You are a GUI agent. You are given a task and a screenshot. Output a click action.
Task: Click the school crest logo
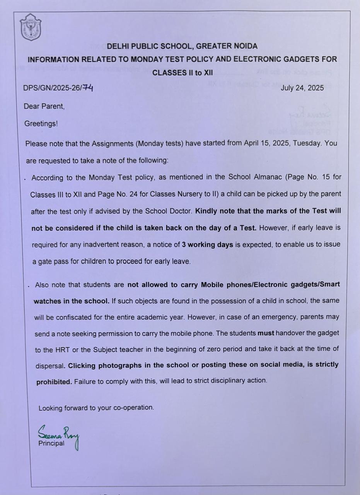click(x=30, y=27)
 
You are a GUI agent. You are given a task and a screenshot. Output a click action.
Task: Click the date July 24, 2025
click(x=302, y=88)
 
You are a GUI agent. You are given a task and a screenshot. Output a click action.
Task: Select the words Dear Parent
click(x=44, y=106)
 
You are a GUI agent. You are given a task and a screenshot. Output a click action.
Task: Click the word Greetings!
click(x=41, y=124)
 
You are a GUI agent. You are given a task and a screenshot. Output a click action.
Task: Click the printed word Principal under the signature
click(x=51, y=443)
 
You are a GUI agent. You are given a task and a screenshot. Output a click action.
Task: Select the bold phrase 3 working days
click(x=207, y=244)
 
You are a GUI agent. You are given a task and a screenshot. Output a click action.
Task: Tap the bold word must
click(x=266, y=333)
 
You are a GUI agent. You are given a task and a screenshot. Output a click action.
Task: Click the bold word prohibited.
click(x=54, y=382)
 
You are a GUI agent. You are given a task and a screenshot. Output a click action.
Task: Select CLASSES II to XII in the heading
click(x=182, y=73)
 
